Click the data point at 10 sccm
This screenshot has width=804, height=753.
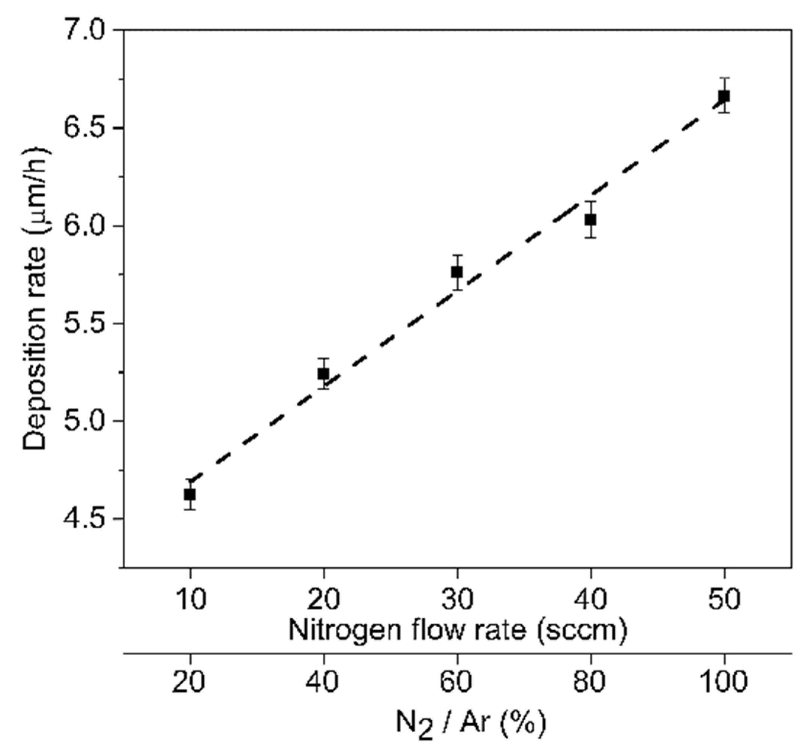tap(190, 494)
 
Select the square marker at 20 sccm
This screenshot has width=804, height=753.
tap(323, 373)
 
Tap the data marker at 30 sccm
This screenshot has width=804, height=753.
tap(457, 272)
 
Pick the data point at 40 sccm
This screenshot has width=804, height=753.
tap(591, 220)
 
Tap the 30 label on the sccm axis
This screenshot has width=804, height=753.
tap(457, 599)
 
